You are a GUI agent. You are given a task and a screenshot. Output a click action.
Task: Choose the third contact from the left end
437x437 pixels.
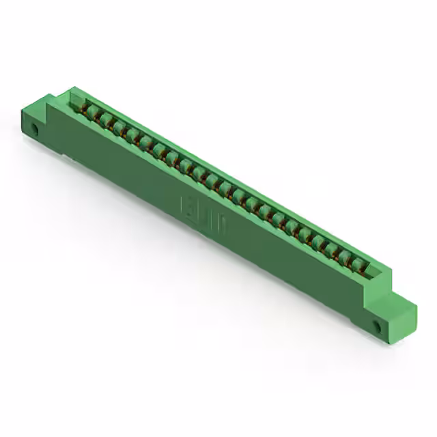point(117,128)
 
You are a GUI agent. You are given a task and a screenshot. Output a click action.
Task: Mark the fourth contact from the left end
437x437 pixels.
point(130,135)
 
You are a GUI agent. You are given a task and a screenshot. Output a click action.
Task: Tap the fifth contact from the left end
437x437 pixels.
point(144,143)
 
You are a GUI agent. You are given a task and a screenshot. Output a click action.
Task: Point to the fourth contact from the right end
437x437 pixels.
point(317,240)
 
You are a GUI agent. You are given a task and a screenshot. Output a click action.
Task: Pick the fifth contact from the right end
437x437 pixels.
point(303,233)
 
